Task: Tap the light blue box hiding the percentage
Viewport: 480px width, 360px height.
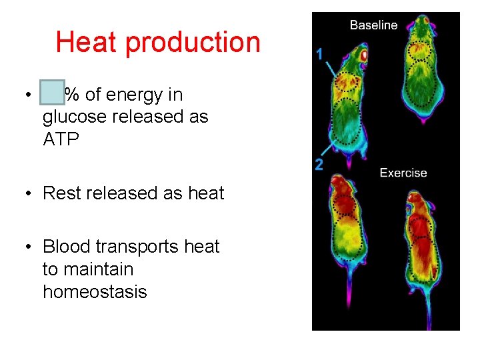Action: [x=52, y=93]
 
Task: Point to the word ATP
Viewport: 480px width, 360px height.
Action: [x=61, y=139]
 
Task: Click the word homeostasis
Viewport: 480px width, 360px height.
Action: [x=95, y=292]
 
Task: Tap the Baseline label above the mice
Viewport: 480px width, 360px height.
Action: [x=373, y=25]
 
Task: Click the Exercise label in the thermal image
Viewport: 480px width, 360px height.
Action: [x=403, y=173]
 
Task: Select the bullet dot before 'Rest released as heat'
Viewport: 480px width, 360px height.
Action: [x=28, y=194]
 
